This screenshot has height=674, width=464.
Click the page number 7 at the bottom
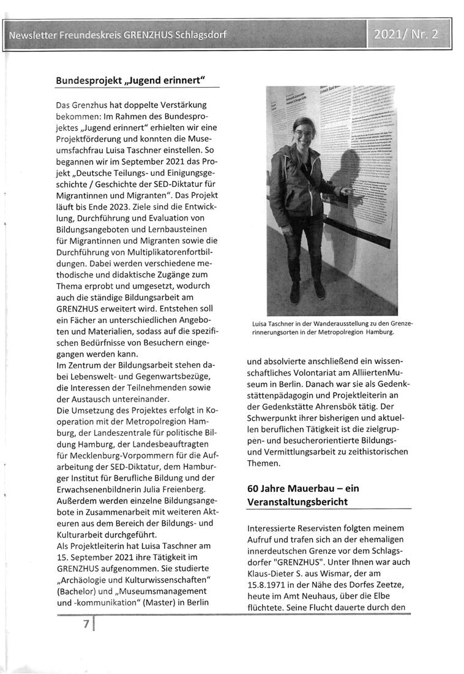(87, 626)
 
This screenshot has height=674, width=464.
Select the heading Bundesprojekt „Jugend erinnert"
(130, 80)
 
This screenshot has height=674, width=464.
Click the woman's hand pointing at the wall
(345, 192)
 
